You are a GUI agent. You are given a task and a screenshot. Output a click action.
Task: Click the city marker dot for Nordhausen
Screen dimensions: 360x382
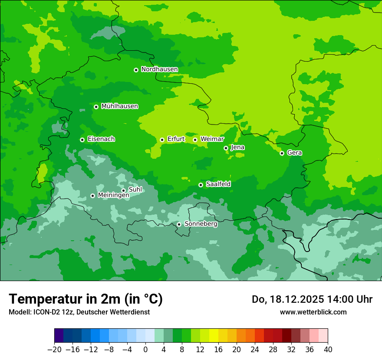[136, 70]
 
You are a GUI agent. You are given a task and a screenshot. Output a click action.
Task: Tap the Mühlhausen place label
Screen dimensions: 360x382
[119, 106]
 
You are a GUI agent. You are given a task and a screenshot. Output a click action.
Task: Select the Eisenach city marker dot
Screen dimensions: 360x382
[82, 140]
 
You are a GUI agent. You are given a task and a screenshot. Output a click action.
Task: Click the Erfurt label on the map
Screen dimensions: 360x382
[176, 139]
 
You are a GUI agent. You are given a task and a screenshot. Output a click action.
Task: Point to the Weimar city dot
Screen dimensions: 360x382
[195, 140]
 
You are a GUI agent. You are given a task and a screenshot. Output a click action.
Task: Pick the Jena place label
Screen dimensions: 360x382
[237, 147]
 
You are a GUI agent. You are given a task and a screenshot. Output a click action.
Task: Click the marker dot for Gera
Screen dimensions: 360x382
[282, 153]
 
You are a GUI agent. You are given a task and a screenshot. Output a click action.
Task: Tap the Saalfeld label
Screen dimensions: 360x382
[218, 184]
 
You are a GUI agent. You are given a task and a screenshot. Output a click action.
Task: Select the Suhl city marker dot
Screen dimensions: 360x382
[123, 190]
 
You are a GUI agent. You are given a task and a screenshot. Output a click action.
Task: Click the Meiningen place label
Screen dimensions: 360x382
[113, 196]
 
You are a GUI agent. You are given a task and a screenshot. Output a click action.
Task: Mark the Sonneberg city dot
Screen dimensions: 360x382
[179, 224]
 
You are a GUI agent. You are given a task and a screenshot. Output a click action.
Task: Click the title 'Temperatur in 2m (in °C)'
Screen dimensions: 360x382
[86, 299]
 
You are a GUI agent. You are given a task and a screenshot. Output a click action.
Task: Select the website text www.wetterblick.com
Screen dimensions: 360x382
[313, 312]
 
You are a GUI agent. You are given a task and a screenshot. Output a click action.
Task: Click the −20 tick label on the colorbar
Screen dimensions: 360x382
[54, 350]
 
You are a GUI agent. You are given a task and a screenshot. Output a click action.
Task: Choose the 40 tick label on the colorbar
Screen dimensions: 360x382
[328, 350]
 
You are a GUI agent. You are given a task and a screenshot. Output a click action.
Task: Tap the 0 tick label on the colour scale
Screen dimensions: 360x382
[145, 350]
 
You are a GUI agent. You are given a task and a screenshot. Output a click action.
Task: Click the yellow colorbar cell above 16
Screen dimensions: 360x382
[214, 336]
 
